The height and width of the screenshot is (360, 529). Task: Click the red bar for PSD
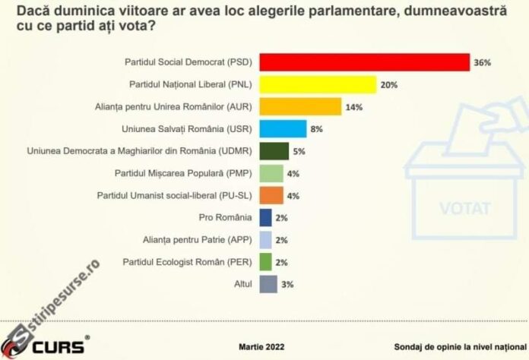click(365, 62)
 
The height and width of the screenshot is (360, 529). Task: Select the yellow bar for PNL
click(318, 84)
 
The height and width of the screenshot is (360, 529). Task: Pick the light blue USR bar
click(283, 128)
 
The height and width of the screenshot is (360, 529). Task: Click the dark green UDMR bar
click(274, 151)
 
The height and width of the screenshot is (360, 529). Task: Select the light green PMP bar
click(271, 173)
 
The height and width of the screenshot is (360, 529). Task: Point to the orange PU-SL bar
click(271, 195)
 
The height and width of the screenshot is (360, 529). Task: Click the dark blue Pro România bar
click(265, 218)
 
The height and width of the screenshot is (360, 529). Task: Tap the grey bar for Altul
click(268, 284)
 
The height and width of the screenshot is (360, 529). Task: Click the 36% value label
click(483, 62)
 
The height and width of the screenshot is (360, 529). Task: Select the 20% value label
click(390, 84)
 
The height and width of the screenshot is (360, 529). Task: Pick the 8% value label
click(317, 129)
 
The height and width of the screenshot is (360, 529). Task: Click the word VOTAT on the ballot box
click(464, 207)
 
